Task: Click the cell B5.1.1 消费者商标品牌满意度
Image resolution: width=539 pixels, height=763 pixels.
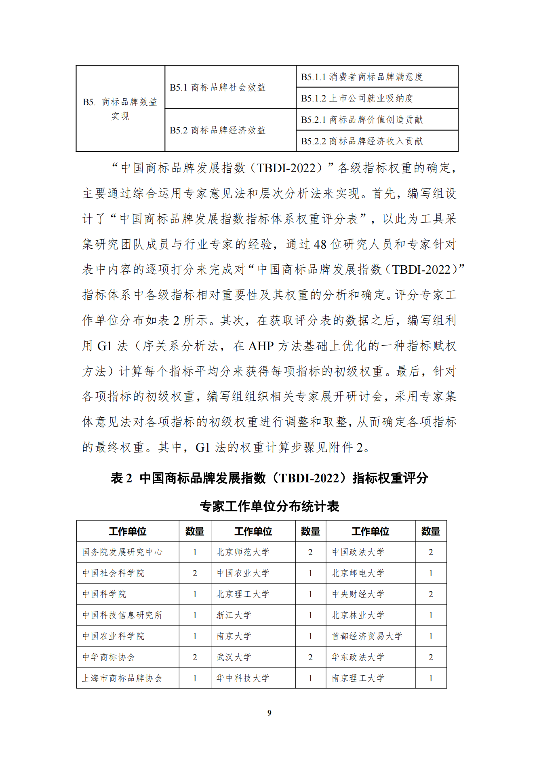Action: (x=362, y=77)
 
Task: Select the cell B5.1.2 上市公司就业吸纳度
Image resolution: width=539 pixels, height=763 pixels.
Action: (x=357, y=98)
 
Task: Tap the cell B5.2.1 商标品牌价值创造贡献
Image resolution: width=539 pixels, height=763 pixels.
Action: (x=362, y=120)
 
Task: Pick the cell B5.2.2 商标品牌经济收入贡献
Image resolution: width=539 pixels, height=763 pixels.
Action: (x=362, y=141)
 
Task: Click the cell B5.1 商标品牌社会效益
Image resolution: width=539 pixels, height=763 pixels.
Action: (x=217, y=87)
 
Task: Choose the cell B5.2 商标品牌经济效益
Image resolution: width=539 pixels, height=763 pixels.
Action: (x=217, y=130)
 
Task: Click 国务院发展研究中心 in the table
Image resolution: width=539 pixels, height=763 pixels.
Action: (x=122, y=552)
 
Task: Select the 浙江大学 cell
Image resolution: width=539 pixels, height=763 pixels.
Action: (x=234, y=615)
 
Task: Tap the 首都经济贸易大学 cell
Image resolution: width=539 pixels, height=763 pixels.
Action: (x=367, y=636)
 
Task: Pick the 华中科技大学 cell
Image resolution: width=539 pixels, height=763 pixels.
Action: (x=242, y=678)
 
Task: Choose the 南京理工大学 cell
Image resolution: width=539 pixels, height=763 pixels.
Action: (x=358, y=678)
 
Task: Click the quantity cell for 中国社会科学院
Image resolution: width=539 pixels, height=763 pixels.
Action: (x=195, y=573)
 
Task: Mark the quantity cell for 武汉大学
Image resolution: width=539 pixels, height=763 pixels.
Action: (x=310, y=657)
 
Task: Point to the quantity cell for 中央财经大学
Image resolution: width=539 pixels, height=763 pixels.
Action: (x=431, y=594)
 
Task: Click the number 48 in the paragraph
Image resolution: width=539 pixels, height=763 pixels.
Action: (x=320, y=245)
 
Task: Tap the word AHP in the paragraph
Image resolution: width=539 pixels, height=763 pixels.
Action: (x=261, y=346)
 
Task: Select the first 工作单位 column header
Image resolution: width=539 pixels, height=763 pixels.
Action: (x=127, y=531)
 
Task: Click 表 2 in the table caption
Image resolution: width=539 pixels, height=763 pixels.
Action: (x=121, y=478)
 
